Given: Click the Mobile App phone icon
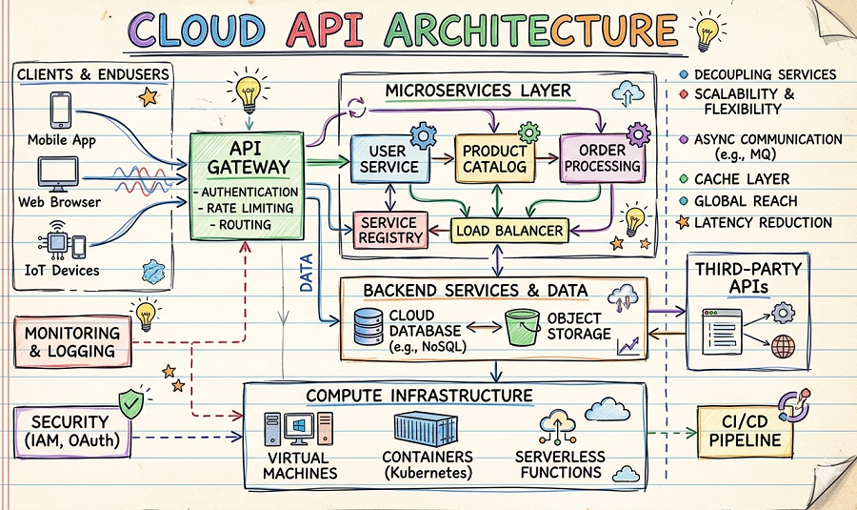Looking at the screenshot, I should click(59, 111).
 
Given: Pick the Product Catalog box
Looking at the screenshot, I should click(494, 159).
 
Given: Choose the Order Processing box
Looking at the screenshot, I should click(602, 158).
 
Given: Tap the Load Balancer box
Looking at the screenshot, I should click(508, 230).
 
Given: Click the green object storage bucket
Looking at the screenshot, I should click(520, 326).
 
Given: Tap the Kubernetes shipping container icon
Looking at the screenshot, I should click(421, 431).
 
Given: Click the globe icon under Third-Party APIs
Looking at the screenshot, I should click(784, 347).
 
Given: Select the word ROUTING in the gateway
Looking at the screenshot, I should click(245, 225).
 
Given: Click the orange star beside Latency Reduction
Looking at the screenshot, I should click(683, 223).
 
